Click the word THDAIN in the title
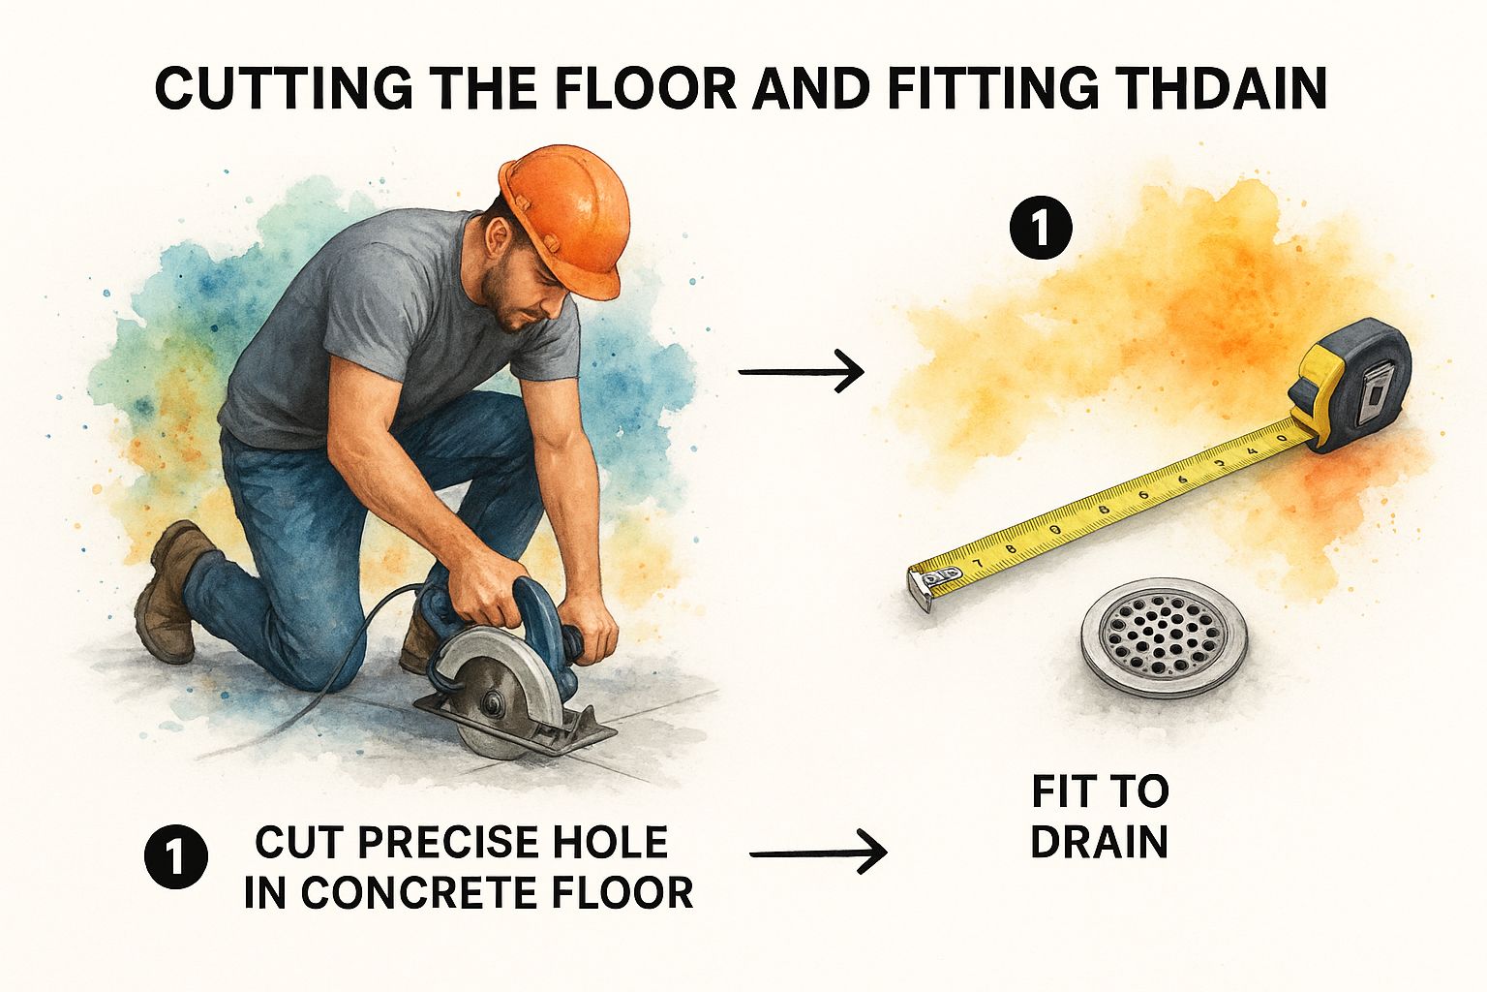[1214, 89]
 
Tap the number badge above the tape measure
[1040, 230]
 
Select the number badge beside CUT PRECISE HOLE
[175, 856]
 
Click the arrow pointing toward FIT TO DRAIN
[818, 853]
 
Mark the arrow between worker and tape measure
[801, 370]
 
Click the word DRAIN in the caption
[1099, 842]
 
